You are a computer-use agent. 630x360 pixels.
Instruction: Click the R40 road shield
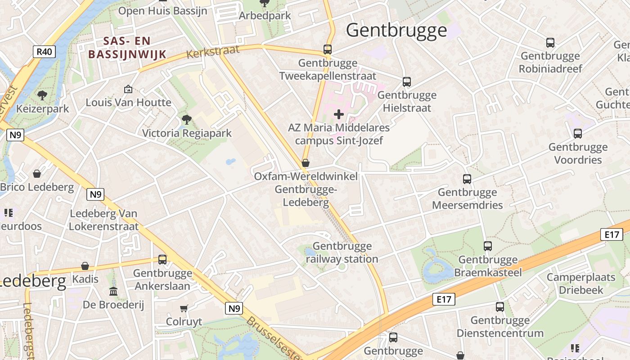45,52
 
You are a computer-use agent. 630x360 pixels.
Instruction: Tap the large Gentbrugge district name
396,30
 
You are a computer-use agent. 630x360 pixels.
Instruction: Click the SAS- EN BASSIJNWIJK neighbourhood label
127,48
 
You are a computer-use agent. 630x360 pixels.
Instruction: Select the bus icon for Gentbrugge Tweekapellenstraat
328,49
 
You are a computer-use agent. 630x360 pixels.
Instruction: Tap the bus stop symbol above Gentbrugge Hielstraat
407,82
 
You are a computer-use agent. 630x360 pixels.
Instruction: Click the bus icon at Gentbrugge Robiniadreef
550,43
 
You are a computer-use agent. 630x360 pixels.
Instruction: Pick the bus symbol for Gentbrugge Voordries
578,134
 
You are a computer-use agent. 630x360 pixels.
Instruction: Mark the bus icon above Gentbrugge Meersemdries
467,179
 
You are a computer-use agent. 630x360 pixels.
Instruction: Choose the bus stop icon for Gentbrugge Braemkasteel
488,246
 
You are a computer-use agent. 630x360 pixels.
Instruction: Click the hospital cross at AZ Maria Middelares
339,115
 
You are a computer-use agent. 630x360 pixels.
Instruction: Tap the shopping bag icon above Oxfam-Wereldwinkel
306,163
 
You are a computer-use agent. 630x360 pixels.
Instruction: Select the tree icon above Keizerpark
42,95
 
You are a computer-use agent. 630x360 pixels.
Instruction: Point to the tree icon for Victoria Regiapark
186,120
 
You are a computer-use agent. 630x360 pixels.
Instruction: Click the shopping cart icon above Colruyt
184,309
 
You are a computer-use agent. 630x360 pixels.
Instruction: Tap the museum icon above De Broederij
113,291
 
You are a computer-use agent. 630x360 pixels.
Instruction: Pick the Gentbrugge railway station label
342,252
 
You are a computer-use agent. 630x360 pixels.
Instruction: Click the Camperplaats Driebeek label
580,283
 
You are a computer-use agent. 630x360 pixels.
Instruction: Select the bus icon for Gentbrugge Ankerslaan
162,260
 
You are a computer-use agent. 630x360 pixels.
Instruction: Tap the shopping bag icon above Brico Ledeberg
37,174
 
